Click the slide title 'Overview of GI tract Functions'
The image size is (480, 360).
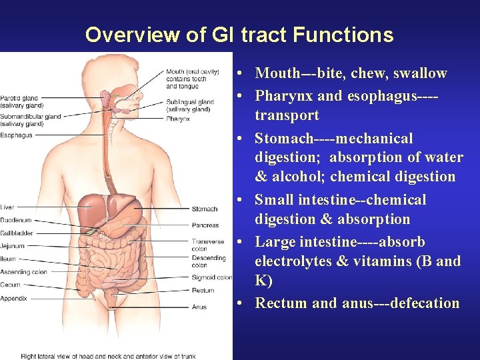pos(239,35)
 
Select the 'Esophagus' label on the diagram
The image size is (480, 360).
pos(16,135)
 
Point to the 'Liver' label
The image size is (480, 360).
pos(7,207)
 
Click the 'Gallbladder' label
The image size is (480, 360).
pos(17,233)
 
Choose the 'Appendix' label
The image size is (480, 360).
pos(14,298)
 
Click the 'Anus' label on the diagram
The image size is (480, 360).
pos(199,307)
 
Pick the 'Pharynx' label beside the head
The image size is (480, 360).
pos(178,119)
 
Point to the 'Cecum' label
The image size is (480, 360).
pos(11,285)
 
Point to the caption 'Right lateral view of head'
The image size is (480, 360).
pos(73,355)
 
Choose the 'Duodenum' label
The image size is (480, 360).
pos(16,220)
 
